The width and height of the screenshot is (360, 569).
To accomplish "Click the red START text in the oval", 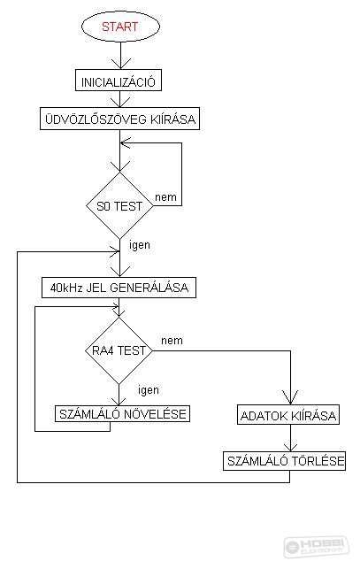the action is [119, 27].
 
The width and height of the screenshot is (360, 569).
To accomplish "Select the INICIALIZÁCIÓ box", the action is [119, 81].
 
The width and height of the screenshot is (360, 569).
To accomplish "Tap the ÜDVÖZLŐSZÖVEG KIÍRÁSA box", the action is [119, 119].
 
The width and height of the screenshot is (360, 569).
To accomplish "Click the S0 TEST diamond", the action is [119, 206].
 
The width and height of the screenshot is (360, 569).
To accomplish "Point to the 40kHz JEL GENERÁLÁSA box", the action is [119, 288].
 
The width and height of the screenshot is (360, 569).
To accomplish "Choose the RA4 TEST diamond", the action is [119, 350].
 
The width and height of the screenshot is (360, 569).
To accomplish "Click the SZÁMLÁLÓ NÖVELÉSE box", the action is [122, 413].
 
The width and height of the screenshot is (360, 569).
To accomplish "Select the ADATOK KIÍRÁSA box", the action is [288, 414].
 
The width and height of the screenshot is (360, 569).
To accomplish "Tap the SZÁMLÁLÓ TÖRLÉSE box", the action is [284, 461].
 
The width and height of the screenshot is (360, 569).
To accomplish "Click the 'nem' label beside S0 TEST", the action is [165, 197].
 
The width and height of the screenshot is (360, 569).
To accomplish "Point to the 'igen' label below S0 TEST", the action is [140, 245].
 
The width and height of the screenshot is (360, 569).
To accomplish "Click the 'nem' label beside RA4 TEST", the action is [172, 341].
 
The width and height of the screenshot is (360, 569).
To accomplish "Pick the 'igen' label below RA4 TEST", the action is [149, 390].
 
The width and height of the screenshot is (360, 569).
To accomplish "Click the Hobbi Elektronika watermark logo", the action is [317, 547].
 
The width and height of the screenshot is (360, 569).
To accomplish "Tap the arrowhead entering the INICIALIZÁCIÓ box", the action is [120, 64].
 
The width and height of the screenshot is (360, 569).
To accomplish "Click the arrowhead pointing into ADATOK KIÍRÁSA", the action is [290, 398].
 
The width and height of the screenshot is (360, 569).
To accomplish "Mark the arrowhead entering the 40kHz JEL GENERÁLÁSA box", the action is [119, 272].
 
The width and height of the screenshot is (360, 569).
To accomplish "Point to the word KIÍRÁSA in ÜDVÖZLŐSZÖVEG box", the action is [172, 119].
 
